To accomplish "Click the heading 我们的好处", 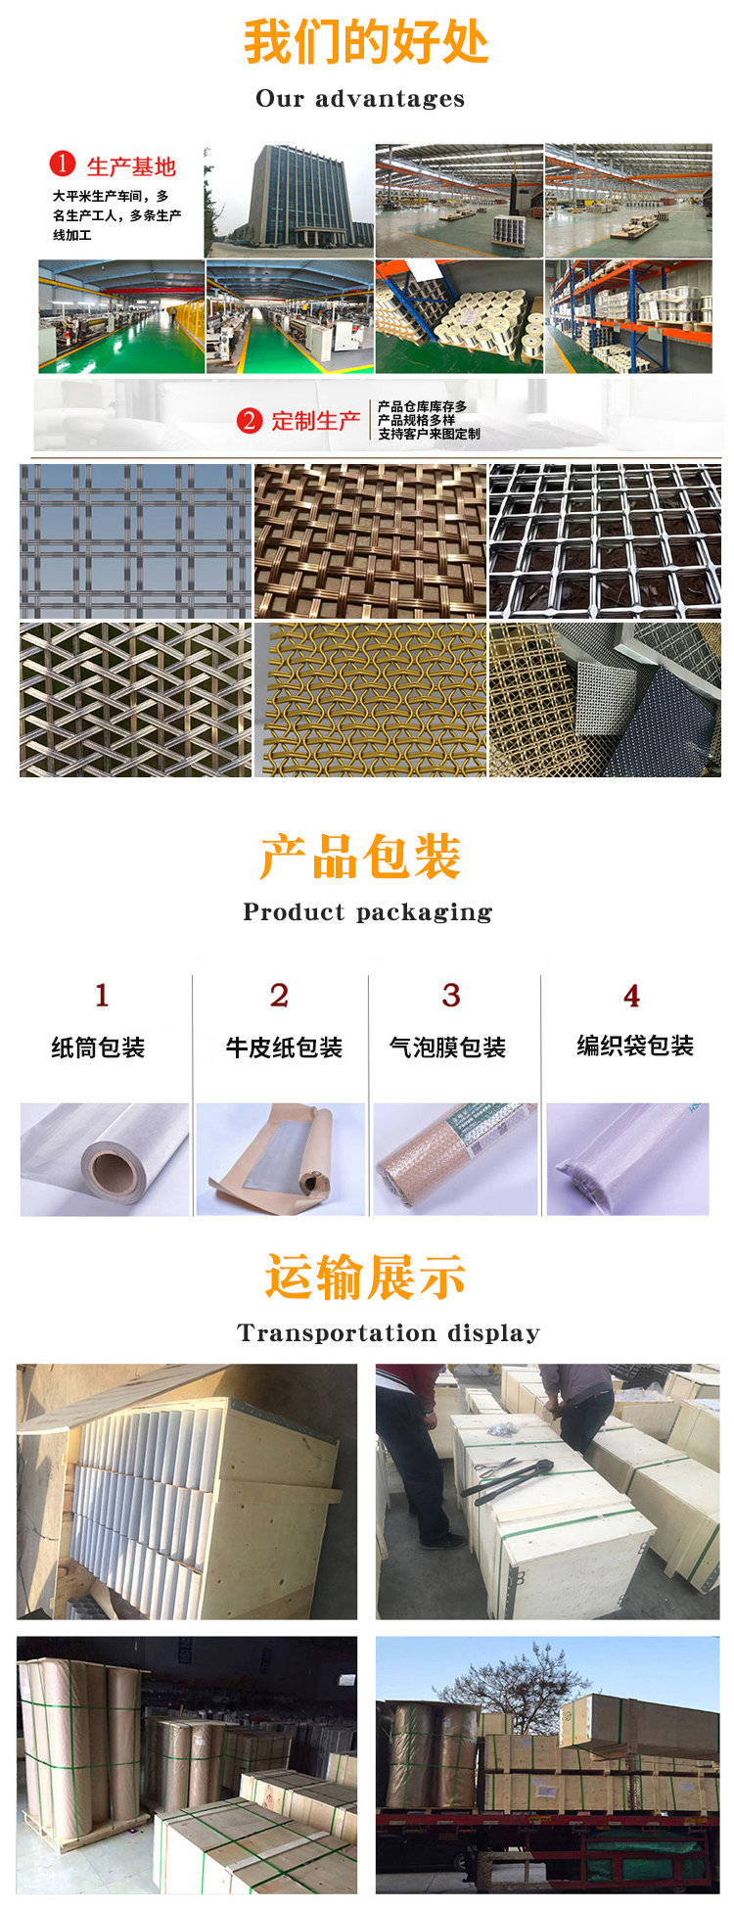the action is click(366, 42).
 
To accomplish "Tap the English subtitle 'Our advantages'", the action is click(360, 99).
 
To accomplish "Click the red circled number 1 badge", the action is click(63, 163).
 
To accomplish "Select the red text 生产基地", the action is click(131, 166).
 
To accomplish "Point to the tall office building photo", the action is click(289, 201).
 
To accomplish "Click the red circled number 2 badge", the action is click(250, 421).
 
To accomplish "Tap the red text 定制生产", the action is click(315, 421).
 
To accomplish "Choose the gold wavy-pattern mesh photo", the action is click(370, 700).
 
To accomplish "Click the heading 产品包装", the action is click(360, 858).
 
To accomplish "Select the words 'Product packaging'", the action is click(368, 912).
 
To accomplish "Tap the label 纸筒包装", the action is click(98, 1048).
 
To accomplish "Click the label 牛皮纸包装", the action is click(284, 1048).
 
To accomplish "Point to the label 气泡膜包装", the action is click(448, 1048).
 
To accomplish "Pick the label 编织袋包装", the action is click(635, 1047).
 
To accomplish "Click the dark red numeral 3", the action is click(451, 996).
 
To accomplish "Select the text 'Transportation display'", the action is click(389, 1333).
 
